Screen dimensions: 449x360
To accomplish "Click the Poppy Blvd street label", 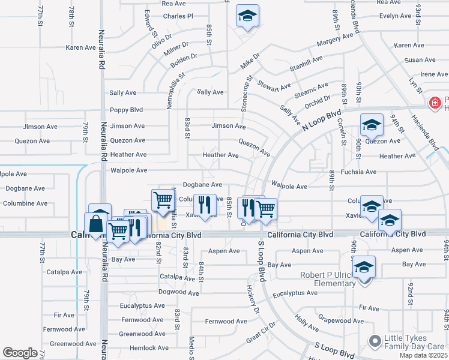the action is (126, 110).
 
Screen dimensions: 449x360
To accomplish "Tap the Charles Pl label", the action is (178, 16).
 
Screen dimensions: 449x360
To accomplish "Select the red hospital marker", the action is (435, 103).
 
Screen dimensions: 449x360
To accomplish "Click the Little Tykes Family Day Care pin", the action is (375, 341).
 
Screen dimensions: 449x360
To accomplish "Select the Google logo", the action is (20, 353).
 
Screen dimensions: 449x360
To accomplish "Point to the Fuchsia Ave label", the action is (358, 172).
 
